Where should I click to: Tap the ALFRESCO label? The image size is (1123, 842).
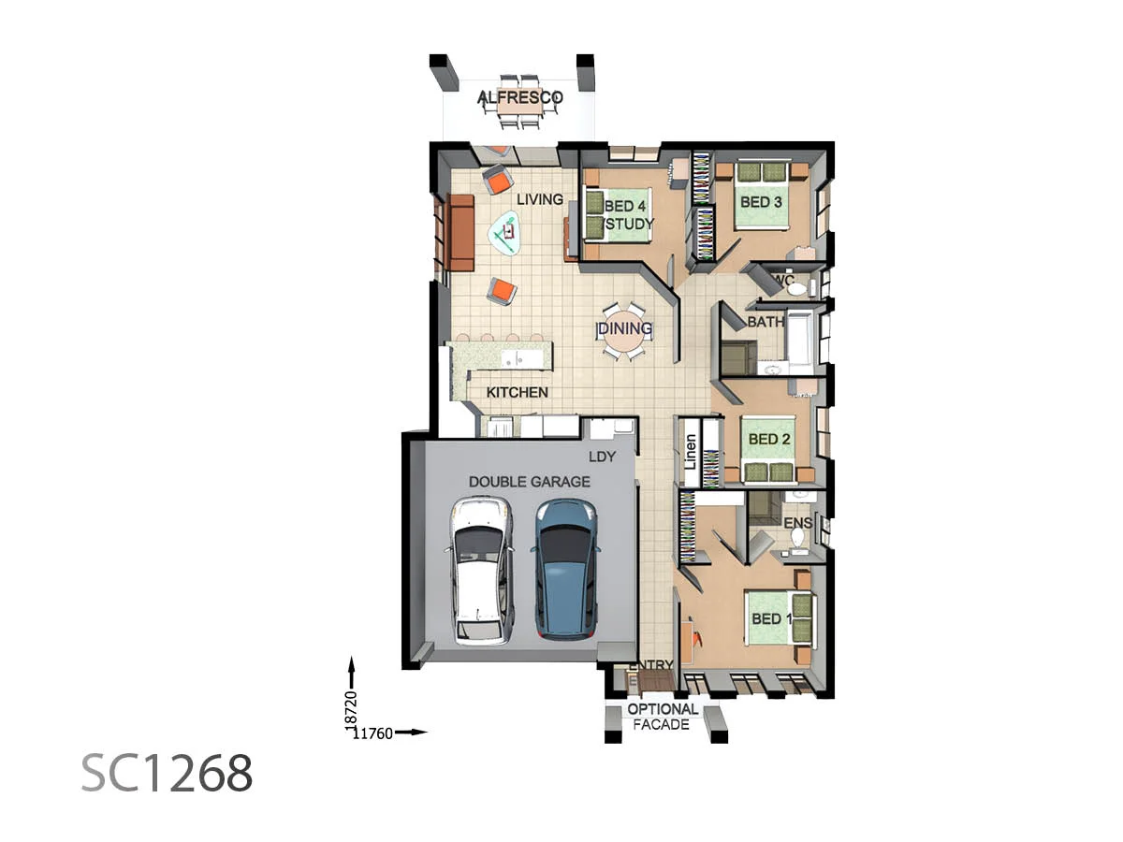tap(519, 97)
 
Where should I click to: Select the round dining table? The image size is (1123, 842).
tap(622, 329)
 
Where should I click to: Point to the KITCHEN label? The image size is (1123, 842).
tap(517, 392)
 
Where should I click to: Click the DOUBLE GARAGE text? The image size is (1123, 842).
tap(529, 482)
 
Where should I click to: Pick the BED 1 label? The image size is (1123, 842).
tap(772, 619)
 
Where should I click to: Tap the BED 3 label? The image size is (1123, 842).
tap(761, 201)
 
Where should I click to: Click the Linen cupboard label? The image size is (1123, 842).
tap(691, 453)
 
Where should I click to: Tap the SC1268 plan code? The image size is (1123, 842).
tap(167, 773)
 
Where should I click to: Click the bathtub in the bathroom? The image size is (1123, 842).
tap(801, 339)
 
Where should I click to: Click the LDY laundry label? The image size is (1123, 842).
tap(602, 458)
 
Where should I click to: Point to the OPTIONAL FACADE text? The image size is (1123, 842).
tap(663, 717)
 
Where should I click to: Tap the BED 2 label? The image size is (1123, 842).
tap(770, 439)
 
